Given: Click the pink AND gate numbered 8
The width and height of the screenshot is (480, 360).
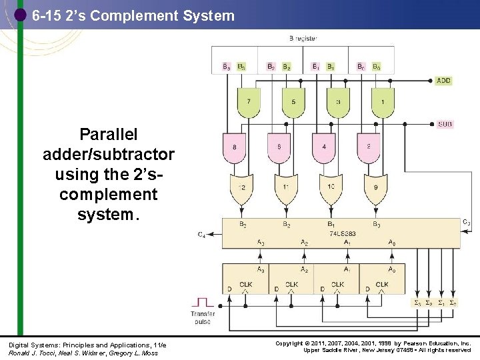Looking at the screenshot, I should (x=234, y=147).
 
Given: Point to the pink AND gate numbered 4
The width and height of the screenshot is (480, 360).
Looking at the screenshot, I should (x=323, y=147).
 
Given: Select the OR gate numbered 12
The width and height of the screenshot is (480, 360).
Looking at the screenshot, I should (x=241, y=188).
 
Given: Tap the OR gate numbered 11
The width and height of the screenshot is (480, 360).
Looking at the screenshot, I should (x=285, y=188).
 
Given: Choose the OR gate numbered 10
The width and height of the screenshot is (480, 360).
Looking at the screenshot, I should (x=330, y=188).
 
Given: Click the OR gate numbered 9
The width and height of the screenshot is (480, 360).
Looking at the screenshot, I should (x=375, y=188).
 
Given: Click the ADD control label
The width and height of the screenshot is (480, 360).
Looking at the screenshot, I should (x=443, y=81).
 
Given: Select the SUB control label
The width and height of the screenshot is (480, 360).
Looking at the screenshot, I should (x=445, y=124).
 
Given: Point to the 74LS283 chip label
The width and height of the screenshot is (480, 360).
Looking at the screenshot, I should (x=342, y=233).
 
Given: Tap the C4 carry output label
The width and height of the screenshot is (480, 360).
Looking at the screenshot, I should (x=201, y=235).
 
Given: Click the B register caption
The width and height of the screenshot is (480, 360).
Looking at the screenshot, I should (x=303, y=38).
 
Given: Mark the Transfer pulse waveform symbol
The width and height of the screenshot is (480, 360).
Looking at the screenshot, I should (x=202, y=303).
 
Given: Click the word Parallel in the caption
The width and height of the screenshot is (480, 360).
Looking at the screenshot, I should (x=108, y=135).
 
